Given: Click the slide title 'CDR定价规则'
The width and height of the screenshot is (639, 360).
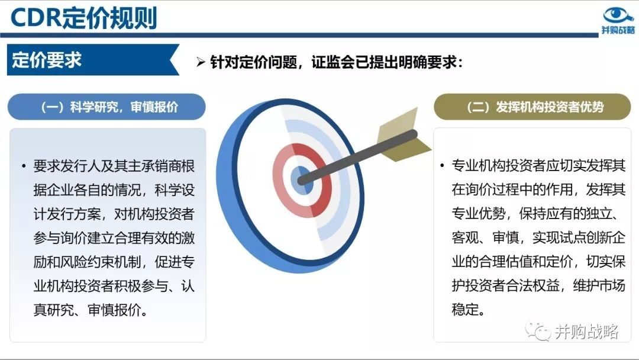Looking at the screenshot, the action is pyautogui.click(x=83, y=18).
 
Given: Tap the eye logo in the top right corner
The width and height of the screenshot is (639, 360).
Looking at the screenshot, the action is pyautogui.click(x=618, y=15).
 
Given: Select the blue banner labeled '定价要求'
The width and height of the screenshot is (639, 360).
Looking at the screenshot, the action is pyautogui.click(x=93, y=60).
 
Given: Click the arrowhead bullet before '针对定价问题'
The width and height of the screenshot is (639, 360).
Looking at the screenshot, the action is pyautogui.click(x=201, y=62).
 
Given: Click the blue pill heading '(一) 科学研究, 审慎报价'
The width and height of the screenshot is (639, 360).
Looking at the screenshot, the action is pyautogui.click(x=106, y=107).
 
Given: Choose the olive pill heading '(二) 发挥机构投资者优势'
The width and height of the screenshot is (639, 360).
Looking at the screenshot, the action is pyautogui.click(x=532, y=107).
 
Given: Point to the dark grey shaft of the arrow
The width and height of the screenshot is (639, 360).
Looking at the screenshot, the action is pyautogui.click(x=358, y=157).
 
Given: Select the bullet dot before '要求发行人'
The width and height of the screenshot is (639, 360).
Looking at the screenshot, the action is pyautogui.click(x=24, y=166).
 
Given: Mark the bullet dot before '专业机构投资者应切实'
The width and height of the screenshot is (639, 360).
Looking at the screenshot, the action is pyautogui.click(x=442, y=166).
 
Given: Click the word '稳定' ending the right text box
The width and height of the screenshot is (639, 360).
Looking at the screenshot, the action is pyautogui.click(x=465, y=310).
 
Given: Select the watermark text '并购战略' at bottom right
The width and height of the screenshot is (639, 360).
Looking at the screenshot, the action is pyautogui.click(x=586, y=332).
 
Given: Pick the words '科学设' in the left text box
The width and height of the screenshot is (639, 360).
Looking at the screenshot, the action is pyautogui.click(x=175, y=190).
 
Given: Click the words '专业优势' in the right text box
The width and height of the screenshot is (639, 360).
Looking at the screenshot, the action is pyautogui.click(x=479, y=213).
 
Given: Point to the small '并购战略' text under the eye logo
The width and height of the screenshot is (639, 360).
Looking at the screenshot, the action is pyautogui.click(x=618, y=30).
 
